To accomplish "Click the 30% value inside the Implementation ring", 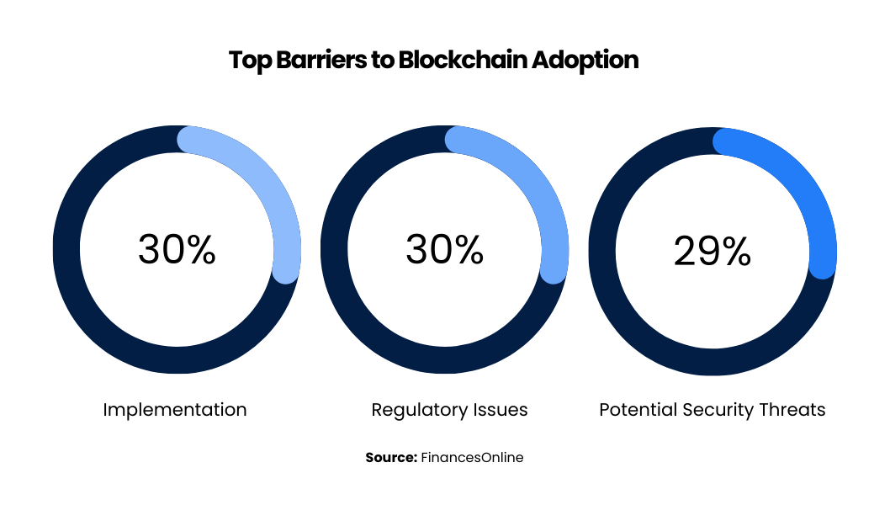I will [x=177, y=250].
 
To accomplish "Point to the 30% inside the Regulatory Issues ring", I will [x=445, y=250].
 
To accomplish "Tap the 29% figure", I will [x=713, y=251].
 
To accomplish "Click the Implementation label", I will [x=175, y=410].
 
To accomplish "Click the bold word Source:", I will [x=391, y=458].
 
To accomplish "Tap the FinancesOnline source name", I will [x=472, y=458].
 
